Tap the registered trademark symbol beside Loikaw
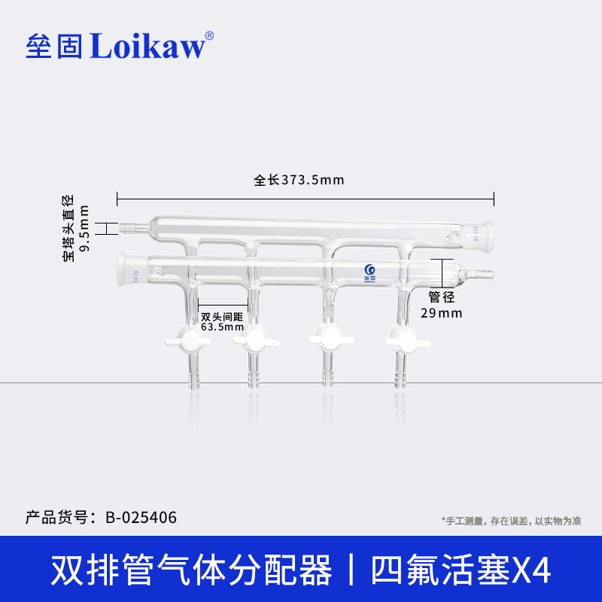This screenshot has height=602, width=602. point(209,35)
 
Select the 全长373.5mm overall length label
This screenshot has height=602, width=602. point(299,181)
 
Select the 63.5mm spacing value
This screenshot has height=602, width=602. point(223,327)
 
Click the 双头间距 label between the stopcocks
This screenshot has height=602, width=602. point(223,316)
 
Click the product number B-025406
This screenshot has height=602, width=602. point(141,518)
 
